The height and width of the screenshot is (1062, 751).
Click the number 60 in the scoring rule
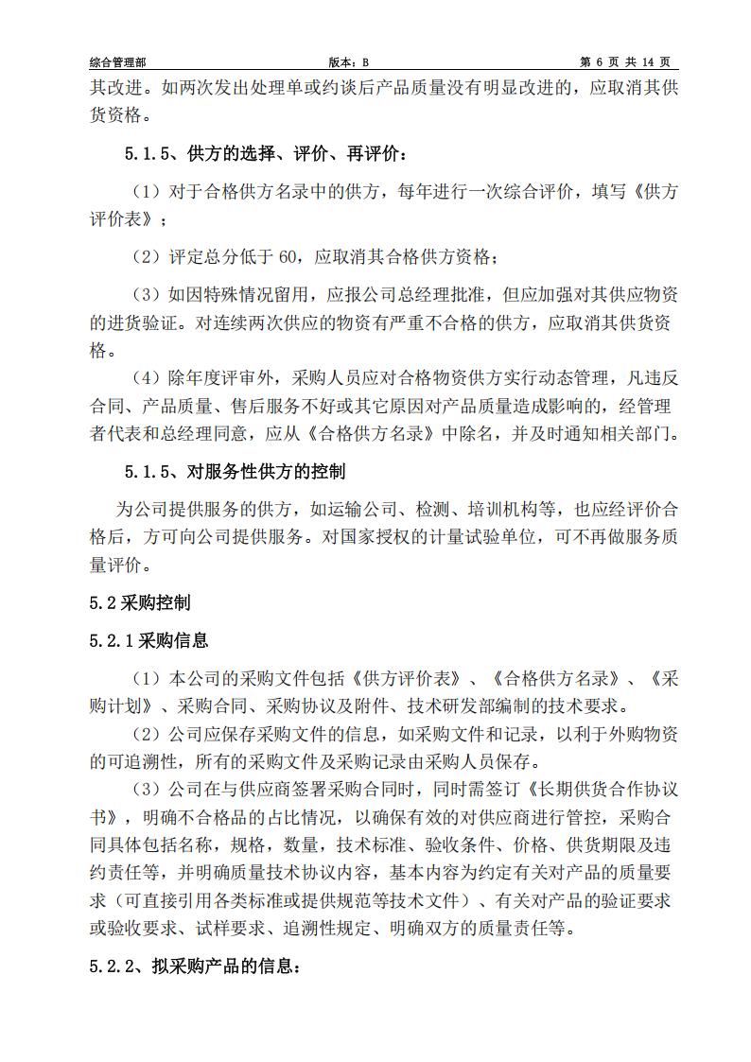pos(289,255)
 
